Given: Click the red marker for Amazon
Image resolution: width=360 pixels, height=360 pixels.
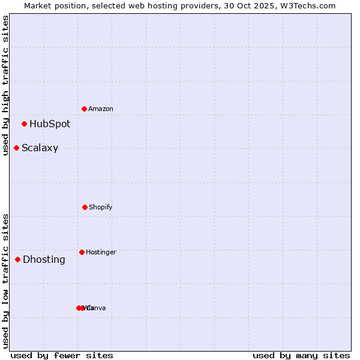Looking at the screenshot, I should tap(84, 109).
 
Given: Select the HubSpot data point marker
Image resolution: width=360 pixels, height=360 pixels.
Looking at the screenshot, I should tap(24, 124).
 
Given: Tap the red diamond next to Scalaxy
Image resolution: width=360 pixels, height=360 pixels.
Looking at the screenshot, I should tap(16, 148).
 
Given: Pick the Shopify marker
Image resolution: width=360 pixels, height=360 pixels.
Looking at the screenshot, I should tap(85, 207).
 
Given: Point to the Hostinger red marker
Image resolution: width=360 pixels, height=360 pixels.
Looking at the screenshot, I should tap(82, 252).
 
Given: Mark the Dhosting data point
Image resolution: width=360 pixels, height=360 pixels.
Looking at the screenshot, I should tap(17, 259).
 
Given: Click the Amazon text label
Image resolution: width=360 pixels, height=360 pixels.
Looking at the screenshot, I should tap(101, 109).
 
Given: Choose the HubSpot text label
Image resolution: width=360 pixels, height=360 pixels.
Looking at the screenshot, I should tap(50, 124).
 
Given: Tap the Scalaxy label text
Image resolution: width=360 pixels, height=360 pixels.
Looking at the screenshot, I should tap(40, 148).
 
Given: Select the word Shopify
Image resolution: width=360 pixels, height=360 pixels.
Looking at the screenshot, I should tap(101, 207).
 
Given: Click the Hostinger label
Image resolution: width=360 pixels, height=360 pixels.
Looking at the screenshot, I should tap(101, 252).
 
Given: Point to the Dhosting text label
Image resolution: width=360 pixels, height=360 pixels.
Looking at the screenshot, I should tap(44, 259).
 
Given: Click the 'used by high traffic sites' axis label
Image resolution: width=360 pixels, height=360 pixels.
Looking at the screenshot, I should tap(5, 85).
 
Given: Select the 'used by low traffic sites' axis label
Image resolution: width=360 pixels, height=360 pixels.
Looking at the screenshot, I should tap(5, 281).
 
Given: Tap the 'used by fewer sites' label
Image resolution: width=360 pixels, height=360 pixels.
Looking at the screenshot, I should tap(62, 355).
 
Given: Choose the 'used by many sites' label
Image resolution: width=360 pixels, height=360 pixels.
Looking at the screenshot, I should tap(301, 355).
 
